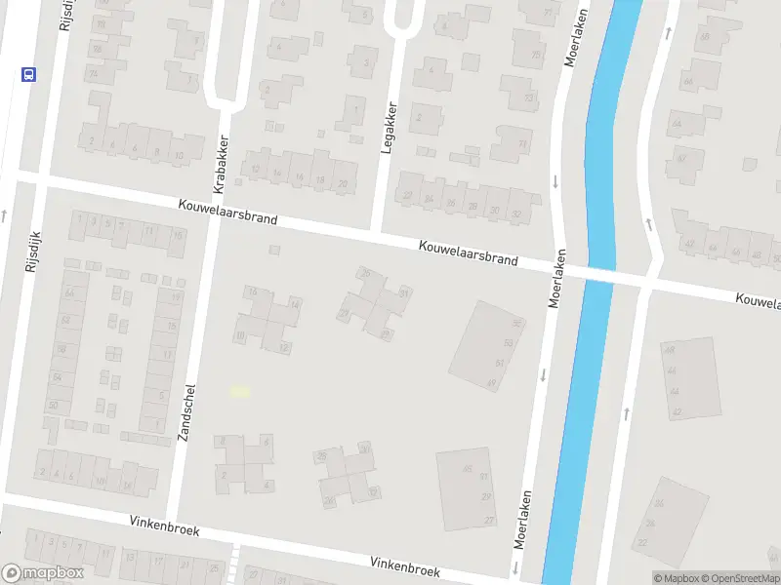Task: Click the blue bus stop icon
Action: (27, 74)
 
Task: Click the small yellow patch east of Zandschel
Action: (239, 391)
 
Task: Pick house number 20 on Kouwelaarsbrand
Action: (342, 183)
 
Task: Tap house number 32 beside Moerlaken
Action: (516, 212)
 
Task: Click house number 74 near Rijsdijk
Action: (94, 73)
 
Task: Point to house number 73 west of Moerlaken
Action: (523, 144)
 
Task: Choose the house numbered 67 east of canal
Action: (681, 158)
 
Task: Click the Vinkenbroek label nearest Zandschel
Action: (164, 526)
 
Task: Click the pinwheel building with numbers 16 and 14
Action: (266, 319)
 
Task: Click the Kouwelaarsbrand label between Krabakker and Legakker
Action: (227, 213)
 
